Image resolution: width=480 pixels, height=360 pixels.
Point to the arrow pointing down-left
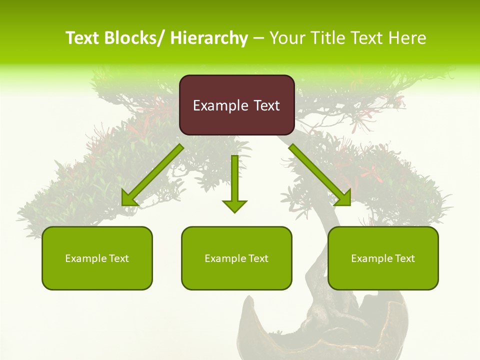pyautogui.click(x=152, y=175)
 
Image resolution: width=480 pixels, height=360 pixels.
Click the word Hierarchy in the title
pyautogui.click(x=209, y=38)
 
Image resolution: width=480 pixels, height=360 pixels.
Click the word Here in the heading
pyautogui.click(x=408, y=38)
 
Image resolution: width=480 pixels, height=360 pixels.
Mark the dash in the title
pyautogui.click(x=258, y=38)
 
